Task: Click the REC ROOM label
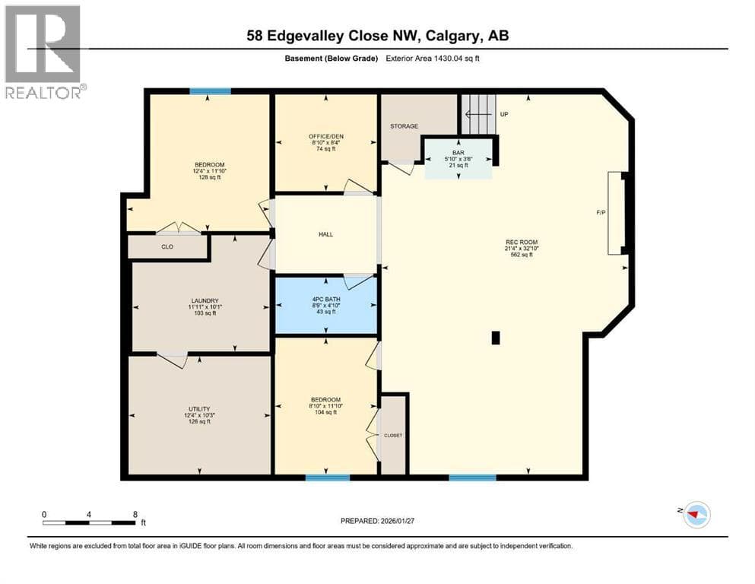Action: pyautogui.click(x=522, y=242)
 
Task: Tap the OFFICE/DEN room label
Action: pyautogui.click(x=326, y=136)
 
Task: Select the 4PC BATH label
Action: pyautogui.click(x=326, y=299)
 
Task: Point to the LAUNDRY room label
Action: pyautogui.click(x=205, y=300)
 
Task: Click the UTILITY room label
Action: pyautogui.click(x=199, y=409)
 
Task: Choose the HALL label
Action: pyautogui.click(x=325, y=234)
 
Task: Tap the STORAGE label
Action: pyautogui.click(x=404, y=126)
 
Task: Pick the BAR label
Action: pyautogui.click(x=458, y=153)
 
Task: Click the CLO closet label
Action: pyautogui.click(x=167, y=246)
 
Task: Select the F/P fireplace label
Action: pyautogui.click(x=601, y=212)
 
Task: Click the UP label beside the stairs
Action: pyautogui.click(x=503, y=114)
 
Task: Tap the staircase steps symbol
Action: pyautogui.click(x=478, y=114)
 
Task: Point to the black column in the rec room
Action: pyautogui.click(x=496, y=338)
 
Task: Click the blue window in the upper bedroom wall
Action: pyautogui.click(x=210, y=91)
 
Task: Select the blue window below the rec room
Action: pyautogui.click(x=472, y=478)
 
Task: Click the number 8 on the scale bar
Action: pyautogui.click(x=135, y=514)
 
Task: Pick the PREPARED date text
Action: pyautogui.click(x=377, y=521)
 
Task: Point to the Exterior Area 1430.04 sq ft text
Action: pyautogui.click(x=433, y=59)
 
